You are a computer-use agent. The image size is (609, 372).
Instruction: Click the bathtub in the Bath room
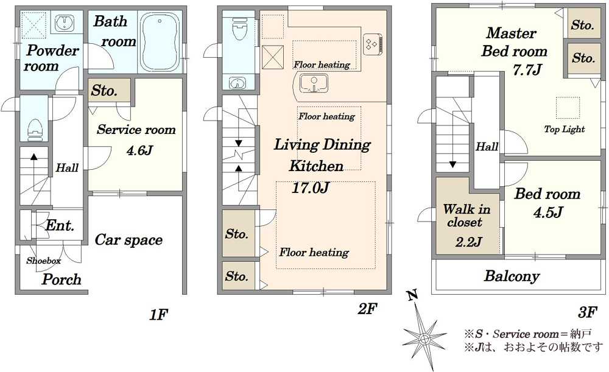[x=160, y=42]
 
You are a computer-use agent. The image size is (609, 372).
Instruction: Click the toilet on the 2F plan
[x=238, y=27]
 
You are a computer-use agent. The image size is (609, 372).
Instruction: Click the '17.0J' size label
[x=311, y=188]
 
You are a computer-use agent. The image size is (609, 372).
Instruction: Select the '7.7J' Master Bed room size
[x=527, y=70]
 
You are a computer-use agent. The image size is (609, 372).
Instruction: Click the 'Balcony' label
[x=512, y=276]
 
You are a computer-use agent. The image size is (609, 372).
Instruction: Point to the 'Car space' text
[x=128, y=240]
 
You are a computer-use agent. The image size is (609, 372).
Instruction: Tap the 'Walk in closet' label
[x=466, y=216]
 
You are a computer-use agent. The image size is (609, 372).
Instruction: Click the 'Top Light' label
[x=565, y=129]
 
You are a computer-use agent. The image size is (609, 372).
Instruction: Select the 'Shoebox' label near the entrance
[x=43, y=261]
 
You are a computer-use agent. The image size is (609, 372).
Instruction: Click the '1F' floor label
[x=158, y=315]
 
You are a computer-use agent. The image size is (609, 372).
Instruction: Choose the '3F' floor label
[x=587, y=312]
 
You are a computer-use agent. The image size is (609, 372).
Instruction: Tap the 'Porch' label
[x=62, y=279]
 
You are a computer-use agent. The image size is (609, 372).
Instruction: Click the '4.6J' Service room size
[x=139, y=150]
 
